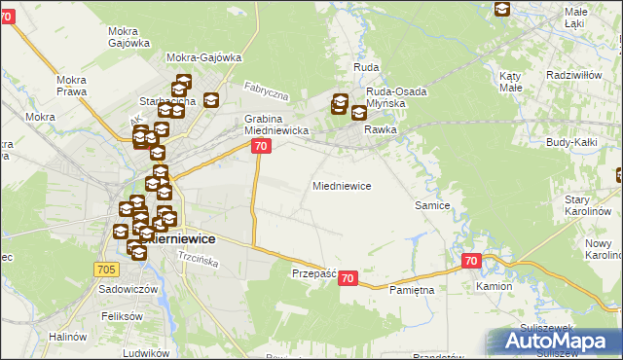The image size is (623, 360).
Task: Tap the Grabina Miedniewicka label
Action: point(275,125)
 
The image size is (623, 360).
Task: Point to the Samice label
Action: point(432,205)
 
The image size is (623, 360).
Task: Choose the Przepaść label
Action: point(313,274)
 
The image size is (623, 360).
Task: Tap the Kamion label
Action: point(494,288)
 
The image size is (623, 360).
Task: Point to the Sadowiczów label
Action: point(122,290)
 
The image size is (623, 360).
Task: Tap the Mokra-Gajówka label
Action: point(204,57)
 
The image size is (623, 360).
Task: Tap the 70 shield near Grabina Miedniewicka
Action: point(260,146)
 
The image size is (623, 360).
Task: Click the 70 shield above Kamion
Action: point(471,261)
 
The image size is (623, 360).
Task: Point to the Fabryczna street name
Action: point(268,92)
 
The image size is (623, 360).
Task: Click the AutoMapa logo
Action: point(550,342)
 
